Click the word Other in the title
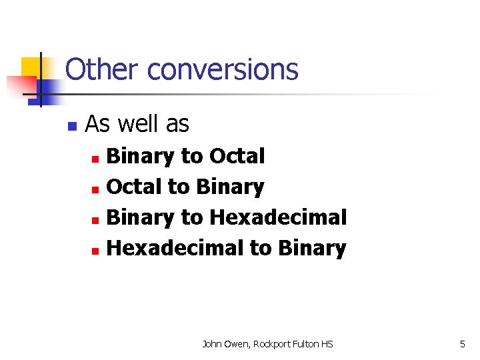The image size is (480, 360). tap(103, 69)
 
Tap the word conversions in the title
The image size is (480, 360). tap(223, 69)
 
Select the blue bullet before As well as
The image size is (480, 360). tap(73, 125)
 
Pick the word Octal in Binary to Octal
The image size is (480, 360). tap(237, 156)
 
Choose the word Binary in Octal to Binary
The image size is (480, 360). tap(229, 187)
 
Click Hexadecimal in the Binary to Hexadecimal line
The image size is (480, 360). tap(278, 217)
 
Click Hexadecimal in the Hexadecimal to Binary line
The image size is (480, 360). tap(175, 248)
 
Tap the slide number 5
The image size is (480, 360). tap(462, 344)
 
